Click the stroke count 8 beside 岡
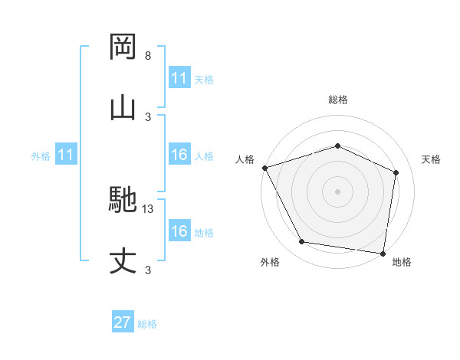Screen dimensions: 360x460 tap(148, 57)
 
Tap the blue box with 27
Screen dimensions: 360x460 tap(123, 322)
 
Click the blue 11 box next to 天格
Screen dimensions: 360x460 tap(179, 78)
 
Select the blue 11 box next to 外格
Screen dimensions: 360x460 tap(66, 155)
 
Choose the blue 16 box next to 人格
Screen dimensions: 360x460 tap(179, 155)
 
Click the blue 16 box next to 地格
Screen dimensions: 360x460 tap(179, 231)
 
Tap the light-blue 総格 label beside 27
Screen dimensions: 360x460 tap(147, 324)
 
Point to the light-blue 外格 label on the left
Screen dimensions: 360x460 tap(41, 156)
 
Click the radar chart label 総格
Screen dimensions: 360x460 tap(337, 100)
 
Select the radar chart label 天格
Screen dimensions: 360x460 tap(431, 159)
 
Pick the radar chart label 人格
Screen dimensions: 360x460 tap(245, 159)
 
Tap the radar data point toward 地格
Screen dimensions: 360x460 tap(383, 253)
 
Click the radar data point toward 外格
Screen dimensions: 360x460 tap(302, 243)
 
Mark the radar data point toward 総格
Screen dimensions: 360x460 tap(337, 146)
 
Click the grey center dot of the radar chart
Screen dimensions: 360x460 tap(337, 191)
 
